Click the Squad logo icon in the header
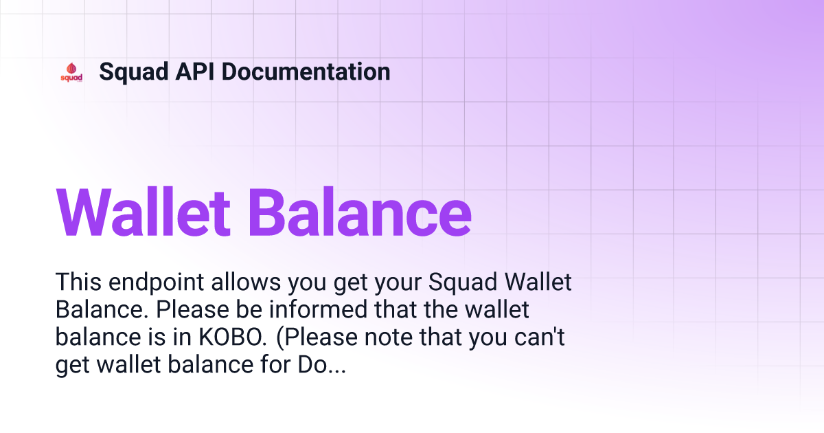pyautogui.click(x=71, y=72)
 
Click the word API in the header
pyautogui.click(x=194, y=71)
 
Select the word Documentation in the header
pyautogui.click(x=306, y=71)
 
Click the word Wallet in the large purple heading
pyautogui.click(x=143, y=212)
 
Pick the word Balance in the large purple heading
pyautogui.click(x=360, y=212)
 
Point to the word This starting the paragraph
pyautogui.click(x=78, y=282)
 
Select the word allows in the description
pyautogui.click(x=246, y=282)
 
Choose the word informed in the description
pyautogui.click(x=318, y=309)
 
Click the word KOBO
pyautogui.click(x=233, y=337)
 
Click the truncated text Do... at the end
pyautogui.click(x=322, y=364)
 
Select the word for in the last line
pyautogui.click(x=275, y=364)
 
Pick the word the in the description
pyautogui.click(x=439, y=309)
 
